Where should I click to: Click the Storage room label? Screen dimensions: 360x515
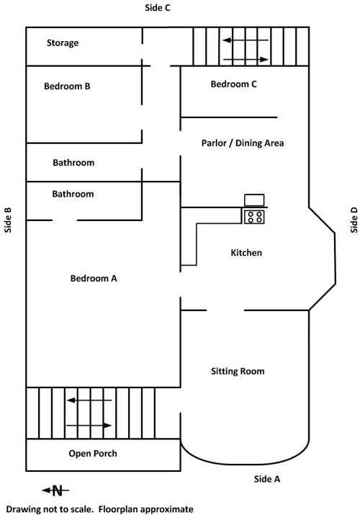63,43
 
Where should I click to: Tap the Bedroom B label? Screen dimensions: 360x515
67,86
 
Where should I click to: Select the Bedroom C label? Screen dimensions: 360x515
234,84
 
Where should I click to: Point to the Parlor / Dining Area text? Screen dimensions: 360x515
243,143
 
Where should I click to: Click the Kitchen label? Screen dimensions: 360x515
246,253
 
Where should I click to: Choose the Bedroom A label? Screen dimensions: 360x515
94,279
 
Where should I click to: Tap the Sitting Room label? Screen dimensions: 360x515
238,372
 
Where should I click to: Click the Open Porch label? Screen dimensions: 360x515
93,454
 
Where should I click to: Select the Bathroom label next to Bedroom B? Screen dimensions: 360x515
73,163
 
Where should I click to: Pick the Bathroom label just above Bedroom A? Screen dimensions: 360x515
73,194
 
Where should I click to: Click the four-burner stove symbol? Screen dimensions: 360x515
254,217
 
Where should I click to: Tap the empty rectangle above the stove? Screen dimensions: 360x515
254,200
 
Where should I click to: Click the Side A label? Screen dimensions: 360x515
267,479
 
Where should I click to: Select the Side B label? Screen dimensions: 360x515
8,220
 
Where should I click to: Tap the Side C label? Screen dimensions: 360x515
158,7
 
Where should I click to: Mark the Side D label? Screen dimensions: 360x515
354,220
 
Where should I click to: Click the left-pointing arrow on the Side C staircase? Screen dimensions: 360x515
246,40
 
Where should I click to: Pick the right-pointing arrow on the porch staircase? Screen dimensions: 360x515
89,426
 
